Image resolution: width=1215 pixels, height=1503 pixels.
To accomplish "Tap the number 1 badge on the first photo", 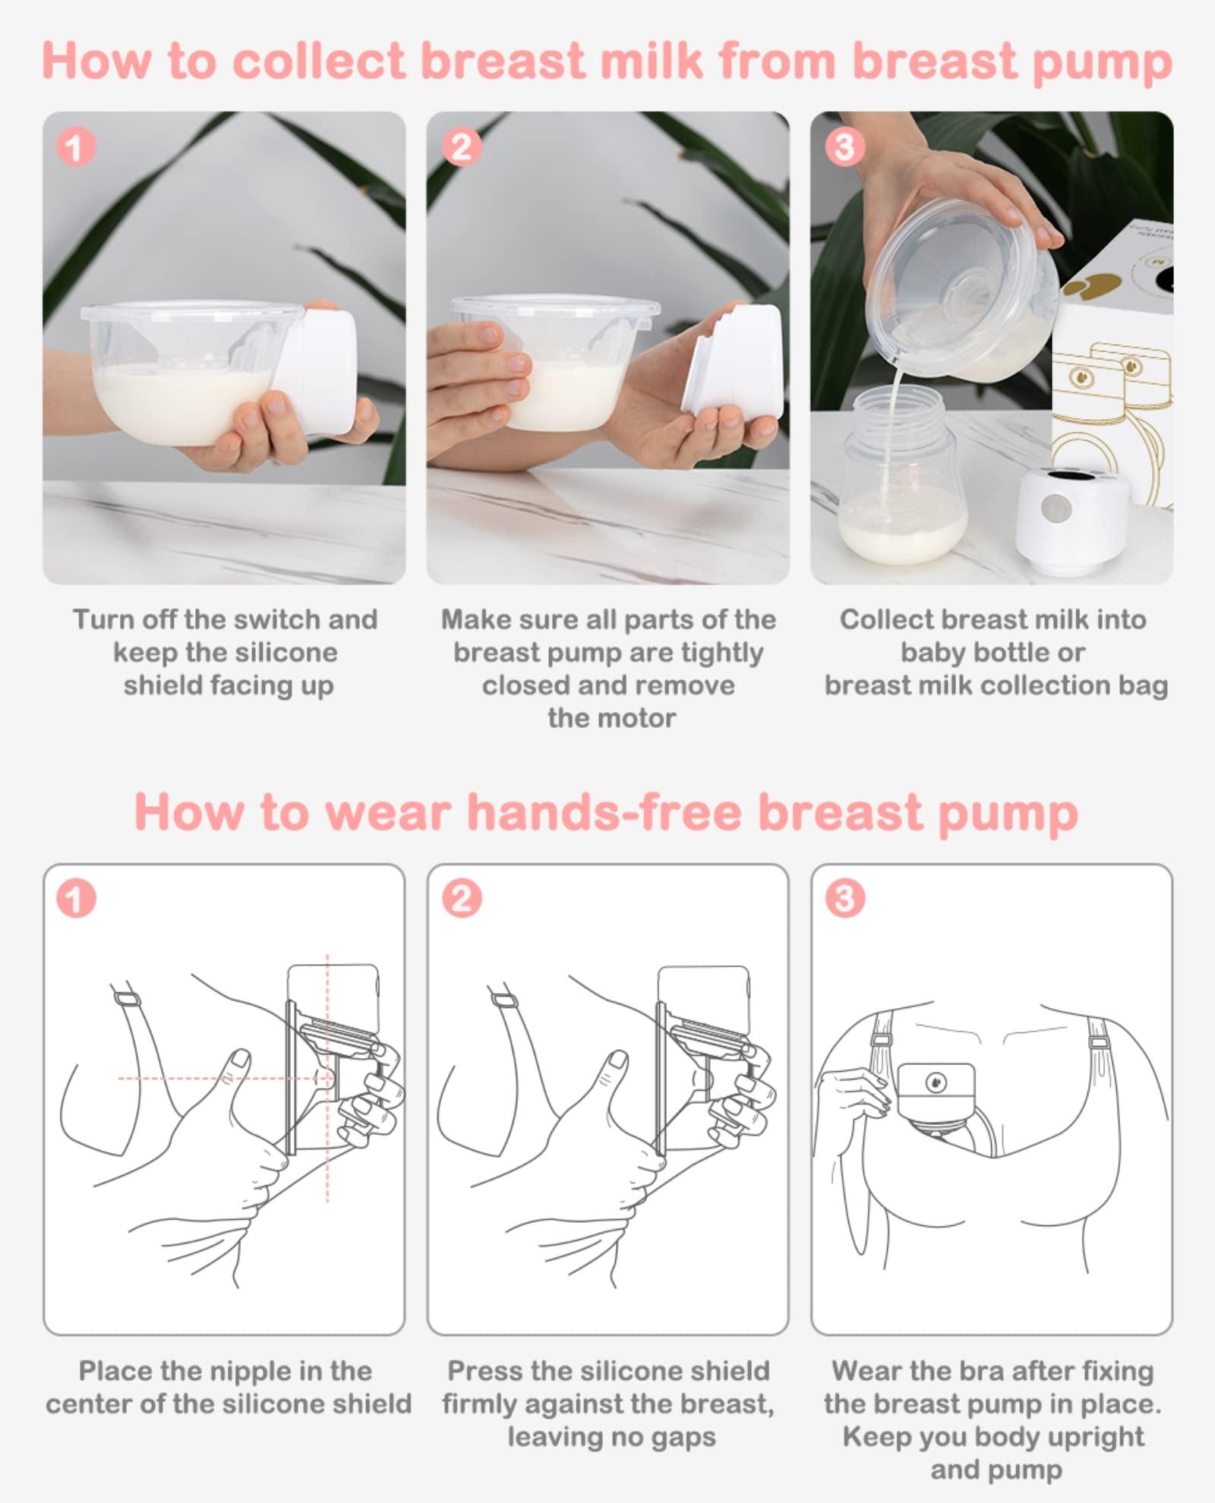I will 76,147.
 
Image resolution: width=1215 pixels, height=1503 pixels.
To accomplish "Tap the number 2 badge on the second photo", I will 461,147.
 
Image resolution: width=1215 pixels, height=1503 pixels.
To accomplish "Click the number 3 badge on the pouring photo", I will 844,147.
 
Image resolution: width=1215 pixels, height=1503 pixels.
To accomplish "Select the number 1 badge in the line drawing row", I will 76,899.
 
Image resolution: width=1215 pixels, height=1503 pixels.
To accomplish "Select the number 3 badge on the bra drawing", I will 844,899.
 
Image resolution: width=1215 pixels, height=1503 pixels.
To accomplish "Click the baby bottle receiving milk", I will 904,486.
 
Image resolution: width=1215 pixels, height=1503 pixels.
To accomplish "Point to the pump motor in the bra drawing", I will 936,1093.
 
